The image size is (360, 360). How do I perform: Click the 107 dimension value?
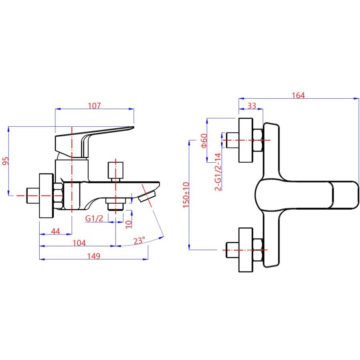[94, 105]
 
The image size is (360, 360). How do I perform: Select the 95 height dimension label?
[5, 161]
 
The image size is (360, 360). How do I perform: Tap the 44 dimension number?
[56, 231]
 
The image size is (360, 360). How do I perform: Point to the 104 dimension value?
[79, 243]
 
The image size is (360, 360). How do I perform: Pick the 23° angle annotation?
[139, 241]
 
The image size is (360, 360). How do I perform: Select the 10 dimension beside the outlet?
[129, 223]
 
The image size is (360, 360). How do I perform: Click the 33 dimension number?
[251, 106]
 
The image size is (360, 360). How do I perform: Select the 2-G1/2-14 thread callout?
[218, 171]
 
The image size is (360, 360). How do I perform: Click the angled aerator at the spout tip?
[146, 196]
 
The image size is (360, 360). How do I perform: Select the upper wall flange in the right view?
[246, 140]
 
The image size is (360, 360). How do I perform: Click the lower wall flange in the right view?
[246, 250]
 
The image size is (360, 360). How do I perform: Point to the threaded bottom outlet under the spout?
[116, 204]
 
